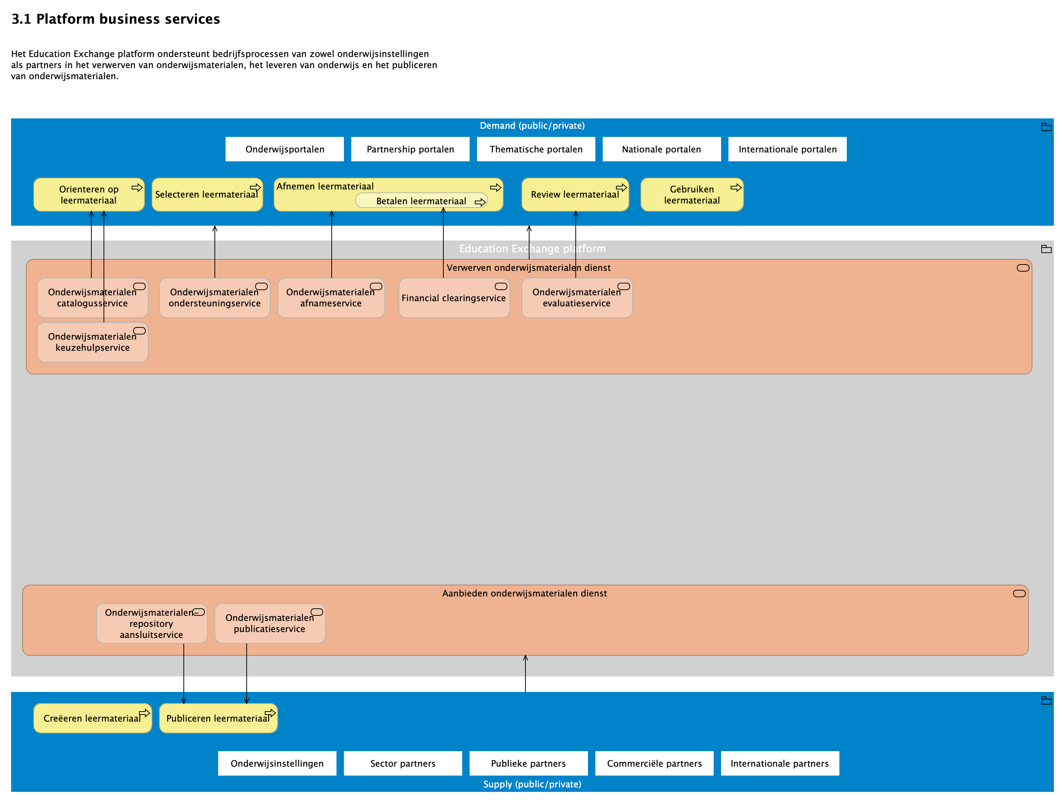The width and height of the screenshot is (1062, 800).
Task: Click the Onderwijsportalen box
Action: (284, 149)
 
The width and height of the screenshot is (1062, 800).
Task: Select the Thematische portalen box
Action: (535, 149)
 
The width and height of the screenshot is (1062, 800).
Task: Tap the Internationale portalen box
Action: (787, 149)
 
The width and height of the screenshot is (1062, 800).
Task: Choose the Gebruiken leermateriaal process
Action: (691, 195)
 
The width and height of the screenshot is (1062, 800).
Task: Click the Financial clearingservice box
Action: (454, 298)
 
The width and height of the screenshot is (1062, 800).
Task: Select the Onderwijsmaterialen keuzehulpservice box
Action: (92, 342)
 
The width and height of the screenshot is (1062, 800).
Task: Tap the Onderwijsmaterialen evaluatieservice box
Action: (576, 298)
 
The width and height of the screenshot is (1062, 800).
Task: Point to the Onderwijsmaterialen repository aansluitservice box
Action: (151, 623)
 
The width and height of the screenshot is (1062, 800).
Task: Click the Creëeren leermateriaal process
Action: (92, 718)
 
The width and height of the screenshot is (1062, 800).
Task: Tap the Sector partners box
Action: (402, 763)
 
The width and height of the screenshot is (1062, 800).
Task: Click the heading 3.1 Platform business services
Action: (115, 19)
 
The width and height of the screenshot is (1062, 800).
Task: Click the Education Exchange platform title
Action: (532, 248)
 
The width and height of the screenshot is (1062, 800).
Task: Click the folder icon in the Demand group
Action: (1046, 127)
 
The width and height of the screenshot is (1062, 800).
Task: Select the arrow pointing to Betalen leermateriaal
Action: (443, 240)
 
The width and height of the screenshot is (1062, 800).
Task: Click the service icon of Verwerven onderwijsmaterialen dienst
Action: (1023, 268)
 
